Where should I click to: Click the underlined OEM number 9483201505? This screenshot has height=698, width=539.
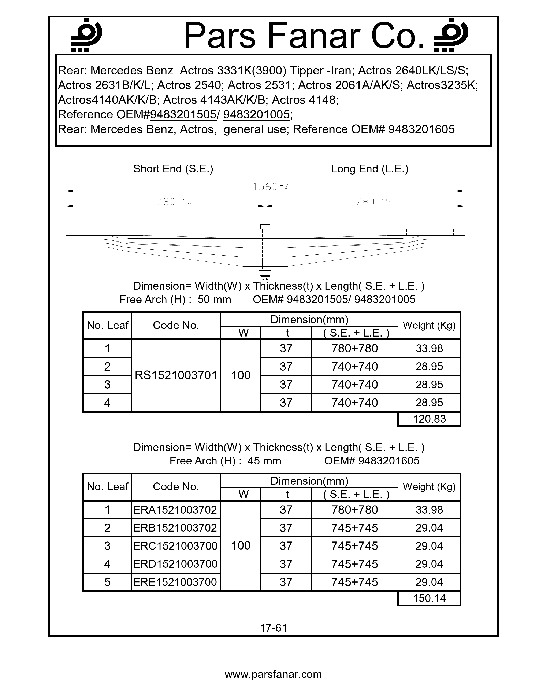click(183, 114)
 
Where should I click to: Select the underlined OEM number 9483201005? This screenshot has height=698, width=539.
click(256, 114)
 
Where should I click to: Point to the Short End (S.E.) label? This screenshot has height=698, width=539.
click(173, 169)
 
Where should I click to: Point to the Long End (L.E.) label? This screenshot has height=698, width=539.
click(369, 169)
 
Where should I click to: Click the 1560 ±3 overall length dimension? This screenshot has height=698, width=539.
click(270, 186)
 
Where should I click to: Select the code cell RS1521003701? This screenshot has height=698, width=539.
click(176, 375)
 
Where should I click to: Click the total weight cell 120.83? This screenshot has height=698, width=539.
click(429, 419)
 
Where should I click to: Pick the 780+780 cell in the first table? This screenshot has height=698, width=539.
click(354, 348)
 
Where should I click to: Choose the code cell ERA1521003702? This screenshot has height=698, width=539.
click(175, 510)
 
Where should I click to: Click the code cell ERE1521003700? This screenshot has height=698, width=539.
click(175, 582)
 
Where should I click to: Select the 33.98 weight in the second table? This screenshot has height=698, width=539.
click(429, 510)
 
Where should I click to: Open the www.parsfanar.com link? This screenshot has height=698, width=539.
click(273, 674)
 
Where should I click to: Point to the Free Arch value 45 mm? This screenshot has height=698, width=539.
click(264, 461)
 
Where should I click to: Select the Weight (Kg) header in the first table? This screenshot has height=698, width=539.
click(429, 325)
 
